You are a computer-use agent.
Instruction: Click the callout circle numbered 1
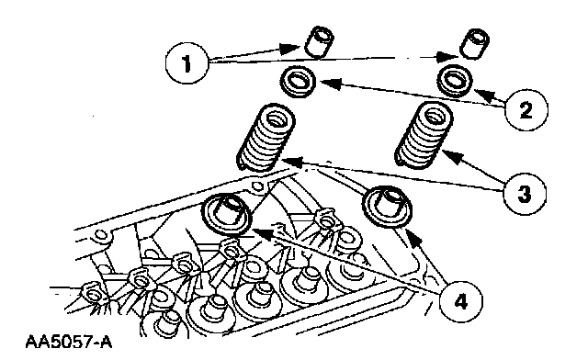click(x=187, y=63)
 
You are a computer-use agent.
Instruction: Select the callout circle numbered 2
click(x=526, y=109)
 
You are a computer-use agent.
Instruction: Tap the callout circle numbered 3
click(x=524, y=194)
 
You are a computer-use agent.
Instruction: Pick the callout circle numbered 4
click(x=461, y=300)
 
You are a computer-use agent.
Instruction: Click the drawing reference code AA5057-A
click(x=69, y=342)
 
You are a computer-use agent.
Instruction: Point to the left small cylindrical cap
click(x=319, y=42)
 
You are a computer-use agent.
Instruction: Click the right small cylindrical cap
click(x=474, y=43)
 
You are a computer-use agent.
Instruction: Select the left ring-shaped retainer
click(x=298, y=82)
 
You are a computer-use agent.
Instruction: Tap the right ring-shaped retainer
click(x=455, y=81)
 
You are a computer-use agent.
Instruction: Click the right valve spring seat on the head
click(x=387, y=207)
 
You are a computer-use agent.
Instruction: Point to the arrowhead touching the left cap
click(x=289, y=49)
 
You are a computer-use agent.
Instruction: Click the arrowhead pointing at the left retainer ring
click(x=330, y=84)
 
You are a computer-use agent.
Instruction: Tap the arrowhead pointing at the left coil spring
click(x=292, y=163)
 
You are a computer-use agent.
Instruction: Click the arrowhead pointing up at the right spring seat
click(x=413, y=239)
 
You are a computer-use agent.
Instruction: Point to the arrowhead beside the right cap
click(x=447, y=57)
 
